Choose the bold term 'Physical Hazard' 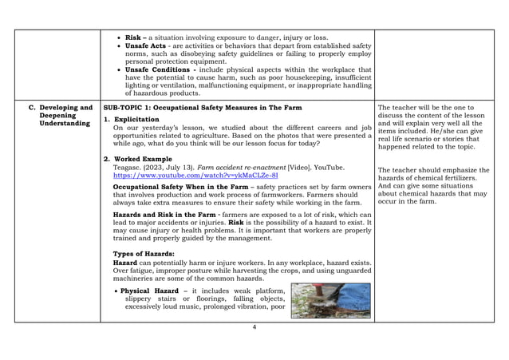(153, 291)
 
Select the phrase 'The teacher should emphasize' (427, 169)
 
